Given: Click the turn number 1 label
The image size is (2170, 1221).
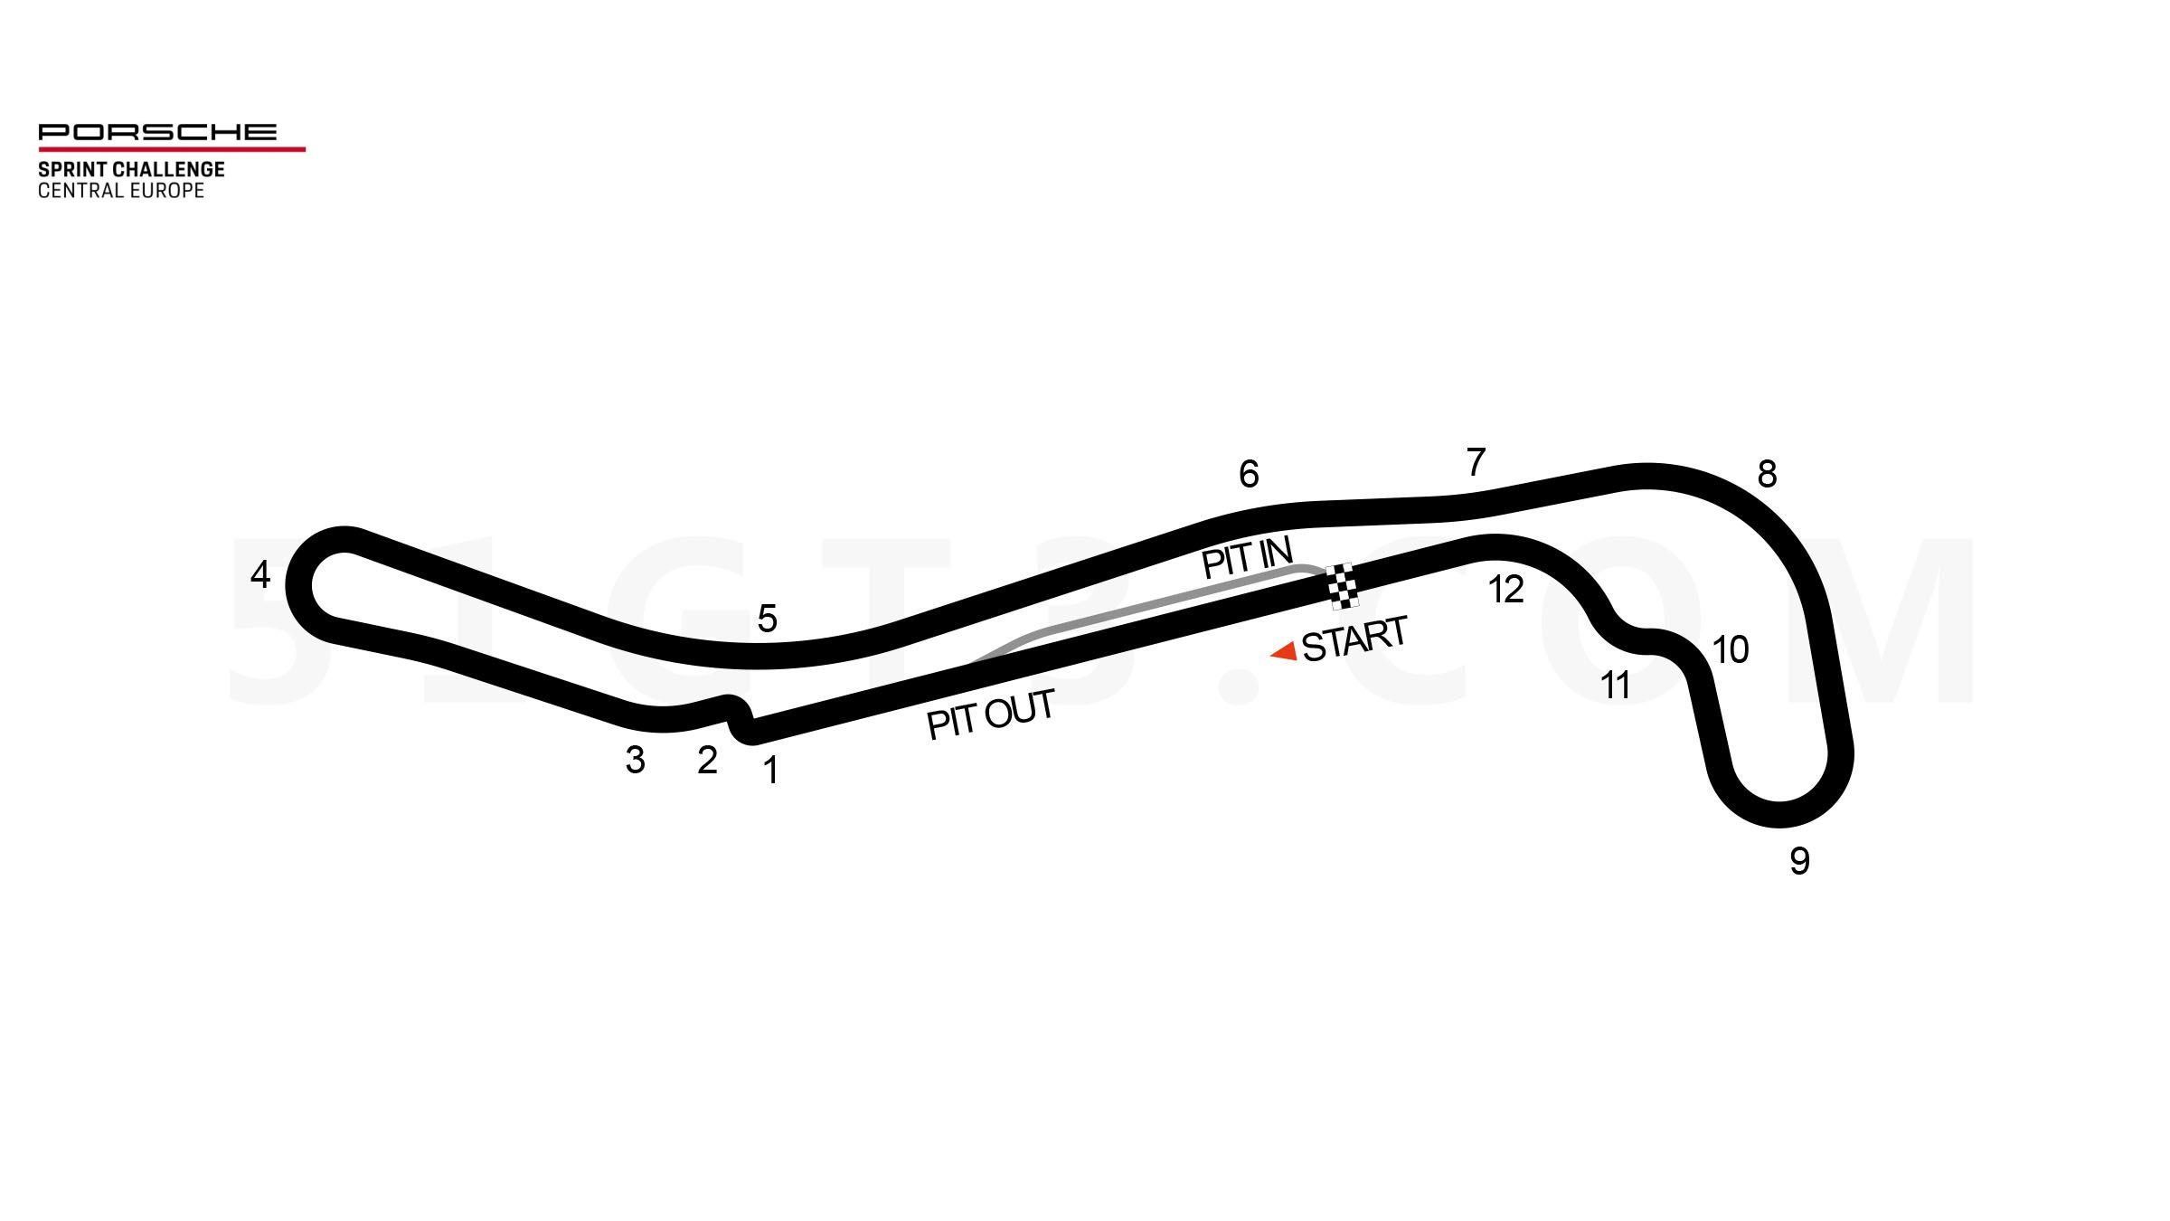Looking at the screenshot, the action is click(x=770, y=771).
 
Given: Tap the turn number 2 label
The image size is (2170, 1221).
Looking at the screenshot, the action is click(x=707, y=761).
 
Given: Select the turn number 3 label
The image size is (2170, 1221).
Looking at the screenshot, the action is click(x=635, y=761).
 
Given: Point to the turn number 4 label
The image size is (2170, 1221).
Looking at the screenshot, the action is click(x=260, y=574).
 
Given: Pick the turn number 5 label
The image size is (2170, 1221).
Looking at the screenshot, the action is click(x=767, y=620).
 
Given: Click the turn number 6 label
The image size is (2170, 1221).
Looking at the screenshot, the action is click(x=1249, y=474).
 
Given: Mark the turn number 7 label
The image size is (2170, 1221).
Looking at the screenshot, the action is click(x=1476, y=462).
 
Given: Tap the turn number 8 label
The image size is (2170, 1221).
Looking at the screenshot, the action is click(x=1767, y=474).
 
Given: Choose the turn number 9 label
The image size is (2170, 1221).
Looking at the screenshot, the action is click(x=1799, y=861).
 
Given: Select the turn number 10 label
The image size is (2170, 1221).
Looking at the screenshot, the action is click(x=1731, y=649).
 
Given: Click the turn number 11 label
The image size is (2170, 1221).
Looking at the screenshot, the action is click(x=1615, y=686).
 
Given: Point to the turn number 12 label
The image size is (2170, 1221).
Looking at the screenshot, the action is click(x=1505, y=590).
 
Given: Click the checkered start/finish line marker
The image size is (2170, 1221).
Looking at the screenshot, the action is click(x=1342, y=586).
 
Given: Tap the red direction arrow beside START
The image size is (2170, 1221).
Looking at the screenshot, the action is click(x=1284, y=651).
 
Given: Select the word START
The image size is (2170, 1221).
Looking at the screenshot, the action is click(x=1354, y=639).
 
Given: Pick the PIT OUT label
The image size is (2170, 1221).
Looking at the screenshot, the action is click(x=991, y=715).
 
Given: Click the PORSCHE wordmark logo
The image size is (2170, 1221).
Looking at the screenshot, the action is click(x=157, y=132).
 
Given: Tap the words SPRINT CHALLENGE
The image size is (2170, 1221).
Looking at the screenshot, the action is click(x=131, y=169).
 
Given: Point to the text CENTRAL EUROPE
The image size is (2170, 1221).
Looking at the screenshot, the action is click(x=121, y=191).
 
